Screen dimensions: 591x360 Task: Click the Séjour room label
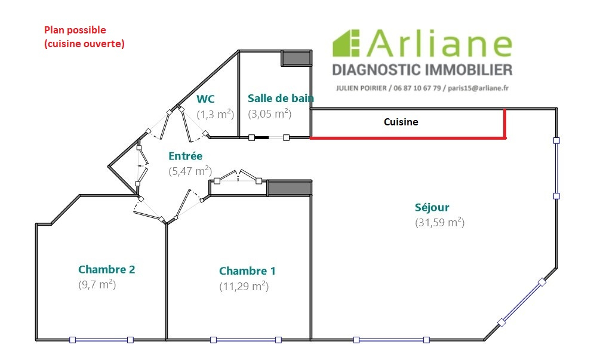[432, 207]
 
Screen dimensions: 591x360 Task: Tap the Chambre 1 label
[247, 271]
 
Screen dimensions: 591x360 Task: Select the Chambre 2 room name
[107, 269]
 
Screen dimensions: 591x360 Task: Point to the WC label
[205, 99]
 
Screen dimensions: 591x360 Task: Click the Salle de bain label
[281, 99]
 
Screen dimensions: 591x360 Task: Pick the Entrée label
[186, 156]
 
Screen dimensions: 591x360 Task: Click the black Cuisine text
[401, 122]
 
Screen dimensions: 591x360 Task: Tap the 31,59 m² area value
[440, 223]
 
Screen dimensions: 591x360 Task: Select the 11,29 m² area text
[244, 287]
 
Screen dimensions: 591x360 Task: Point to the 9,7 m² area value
[97, 285]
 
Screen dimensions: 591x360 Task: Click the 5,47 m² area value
[190, 171]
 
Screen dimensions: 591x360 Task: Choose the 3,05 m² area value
[270, 113]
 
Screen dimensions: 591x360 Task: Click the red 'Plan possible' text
[75, 30]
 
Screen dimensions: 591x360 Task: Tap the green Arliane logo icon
[346, 44]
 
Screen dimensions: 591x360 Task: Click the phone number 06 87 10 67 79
[417, 88]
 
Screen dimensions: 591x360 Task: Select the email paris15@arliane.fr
[478, 88]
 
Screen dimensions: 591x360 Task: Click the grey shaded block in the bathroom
[297, 59]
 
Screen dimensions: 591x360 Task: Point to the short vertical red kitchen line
[504, 124]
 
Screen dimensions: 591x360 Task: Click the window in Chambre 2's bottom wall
[101, 340]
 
